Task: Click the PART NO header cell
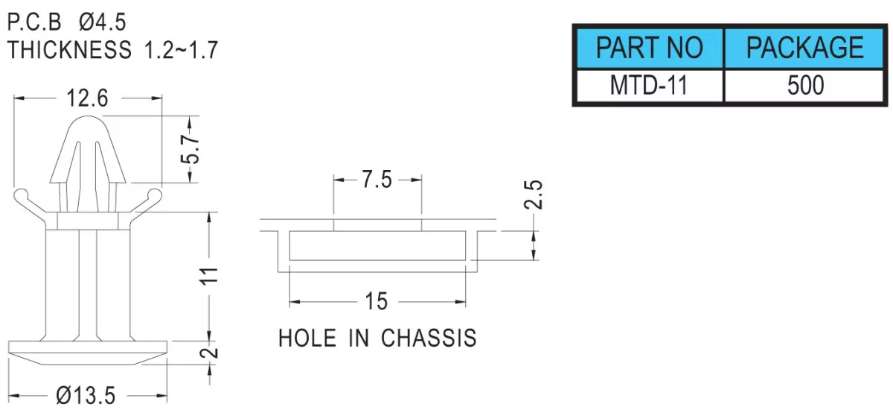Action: (650, 48)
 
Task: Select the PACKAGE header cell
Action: (804, 48)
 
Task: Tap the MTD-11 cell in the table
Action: (650, 86)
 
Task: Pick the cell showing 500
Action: (804, 86)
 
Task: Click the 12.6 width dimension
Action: (87, 98)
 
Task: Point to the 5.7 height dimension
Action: (190, 149)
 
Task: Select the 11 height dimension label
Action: (209, 276)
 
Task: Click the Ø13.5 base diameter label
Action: (86, 396)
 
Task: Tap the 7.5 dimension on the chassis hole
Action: (377, 179)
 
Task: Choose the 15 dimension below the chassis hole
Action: (377, 301)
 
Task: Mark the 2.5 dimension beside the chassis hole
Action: (533, 195)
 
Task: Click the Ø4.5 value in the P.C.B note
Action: (103, 22)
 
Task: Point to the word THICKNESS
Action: (69, 50)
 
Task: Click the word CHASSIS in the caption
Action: (429, 338)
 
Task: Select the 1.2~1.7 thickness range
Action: (181, 50)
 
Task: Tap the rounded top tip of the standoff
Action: (88, 117)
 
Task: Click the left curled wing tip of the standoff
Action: (20, 195)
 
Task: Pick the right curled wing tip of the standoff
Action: (155, 195)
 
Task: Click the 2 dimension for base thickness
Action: (209, 353)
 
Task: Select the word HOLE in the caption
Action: (307, 338)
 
